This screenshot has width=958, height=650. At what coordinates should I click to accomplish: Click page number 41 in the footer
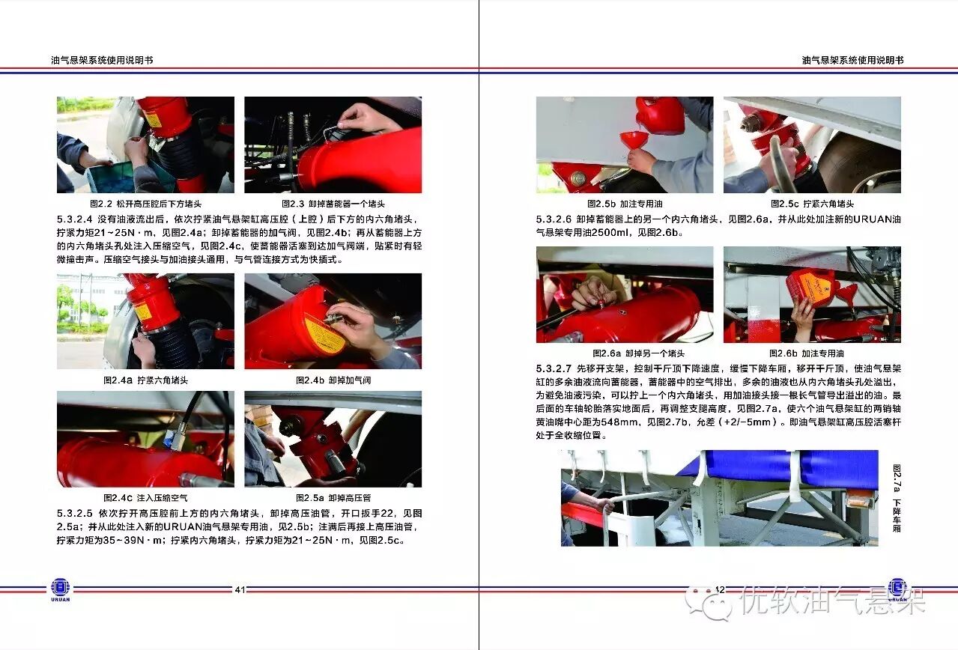coord(240,589)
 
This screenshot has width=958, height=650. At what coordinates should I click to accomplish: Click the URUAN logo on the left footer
coord(61,589)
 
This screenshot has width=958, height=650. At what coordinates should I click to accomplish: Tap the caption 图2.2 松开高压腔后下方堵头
coord(145,204)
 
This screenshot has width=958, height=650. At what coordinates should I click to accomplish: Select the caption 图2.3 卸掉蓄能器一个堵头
coord(333,204)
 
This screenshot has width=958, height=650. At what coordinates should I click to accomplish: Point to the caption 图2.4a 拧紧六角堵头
coord(145,380)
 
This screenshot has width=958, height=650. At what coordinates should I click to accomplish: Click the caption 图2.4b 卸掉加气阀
coord(333,380)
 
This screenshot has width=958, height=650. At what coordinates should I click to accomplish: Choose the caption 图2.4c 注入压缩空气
coord(145,498)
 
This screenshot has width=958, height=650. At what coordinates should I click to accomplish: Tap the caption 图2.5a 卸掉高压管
coord(333,498)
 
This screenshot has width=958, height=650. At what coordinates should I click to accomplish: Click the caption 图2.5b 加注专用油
coord(625,204)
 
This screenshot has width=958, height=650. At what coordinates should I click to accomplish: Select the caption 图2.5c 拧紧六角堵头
coord(812,204)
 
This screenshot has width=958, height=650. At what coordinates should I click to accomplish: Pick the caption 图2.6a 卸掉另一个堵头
coord(638,353)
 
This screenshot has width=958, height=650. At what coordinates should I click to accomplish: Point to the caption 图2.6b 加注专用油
coord(806,353)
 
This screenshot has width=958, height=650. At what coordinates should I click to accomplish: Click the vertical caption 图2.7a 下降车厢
coord(897,499)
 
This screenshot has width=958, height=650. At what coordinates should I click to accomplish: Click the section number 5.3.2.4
coord(74,219)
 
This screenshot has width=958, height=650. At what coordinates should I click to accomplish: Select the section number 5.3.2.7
coord(554,368)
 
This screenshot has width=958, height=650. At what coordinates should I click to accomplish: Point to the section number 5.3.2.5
coord(74,513)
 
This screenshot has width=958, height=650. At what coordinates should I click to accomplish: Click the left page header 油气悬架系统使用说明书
coord(102,61)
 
